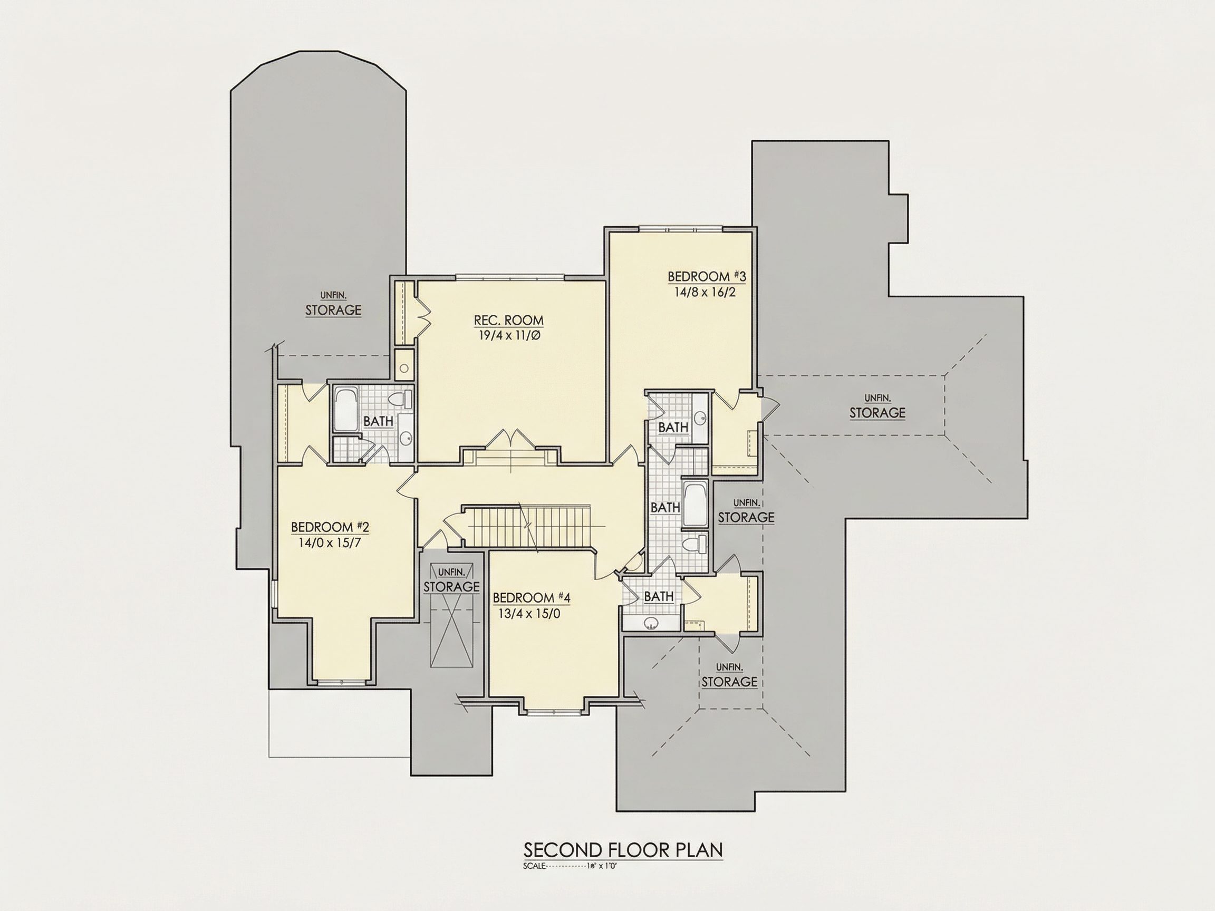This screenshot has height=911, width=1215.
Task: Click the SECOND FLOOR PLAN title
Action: (x=623, y=849)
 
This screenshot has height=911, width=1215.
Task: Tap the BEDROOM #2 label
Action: (x=330, y=527)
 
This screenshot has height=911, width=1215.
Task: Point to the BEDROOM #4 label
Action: (x=531, y=597)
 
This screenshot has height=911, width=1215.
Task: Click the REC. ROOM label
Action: (x=509, y=319)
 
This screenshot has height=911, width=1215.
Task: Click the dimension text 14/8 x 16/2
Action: (x=705, y=292)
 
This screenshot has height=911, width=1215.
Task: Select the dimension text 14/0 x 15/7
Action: (x=330, y=543)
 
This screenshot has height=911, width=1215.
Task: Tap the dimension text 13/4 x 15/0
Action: (x=529, y=613)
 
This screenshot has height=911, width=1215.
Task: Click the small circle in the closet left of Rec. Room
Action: (x=404, y=367)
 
